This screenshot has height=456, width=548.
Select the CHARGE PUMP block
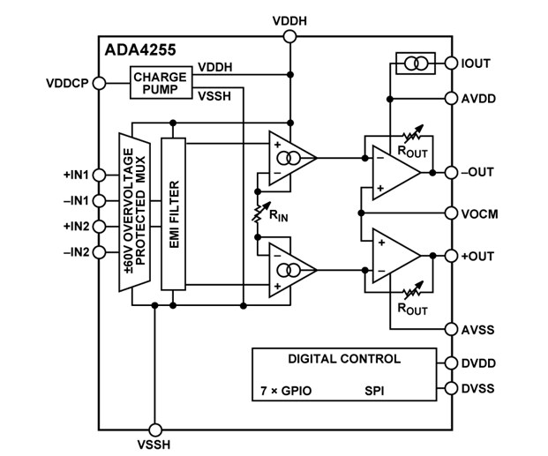point(160,82)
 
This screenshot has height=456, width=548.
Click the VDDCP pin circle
point(98,83)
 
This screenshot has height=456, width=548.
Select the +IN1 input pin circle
point(98,174)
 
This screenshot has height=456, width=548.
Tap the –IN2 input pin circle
point(98,253)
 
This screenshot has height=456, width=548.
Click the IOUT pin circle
point(452,64)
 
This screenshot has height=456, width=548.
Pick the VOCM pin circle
point(452,213)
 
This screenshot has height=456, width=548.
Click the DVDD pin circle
point(452,363)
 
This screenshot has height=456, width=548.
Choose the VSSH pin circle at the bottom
point(154,422)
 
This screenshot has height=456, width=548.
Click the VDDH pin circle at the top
point(289,37)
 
